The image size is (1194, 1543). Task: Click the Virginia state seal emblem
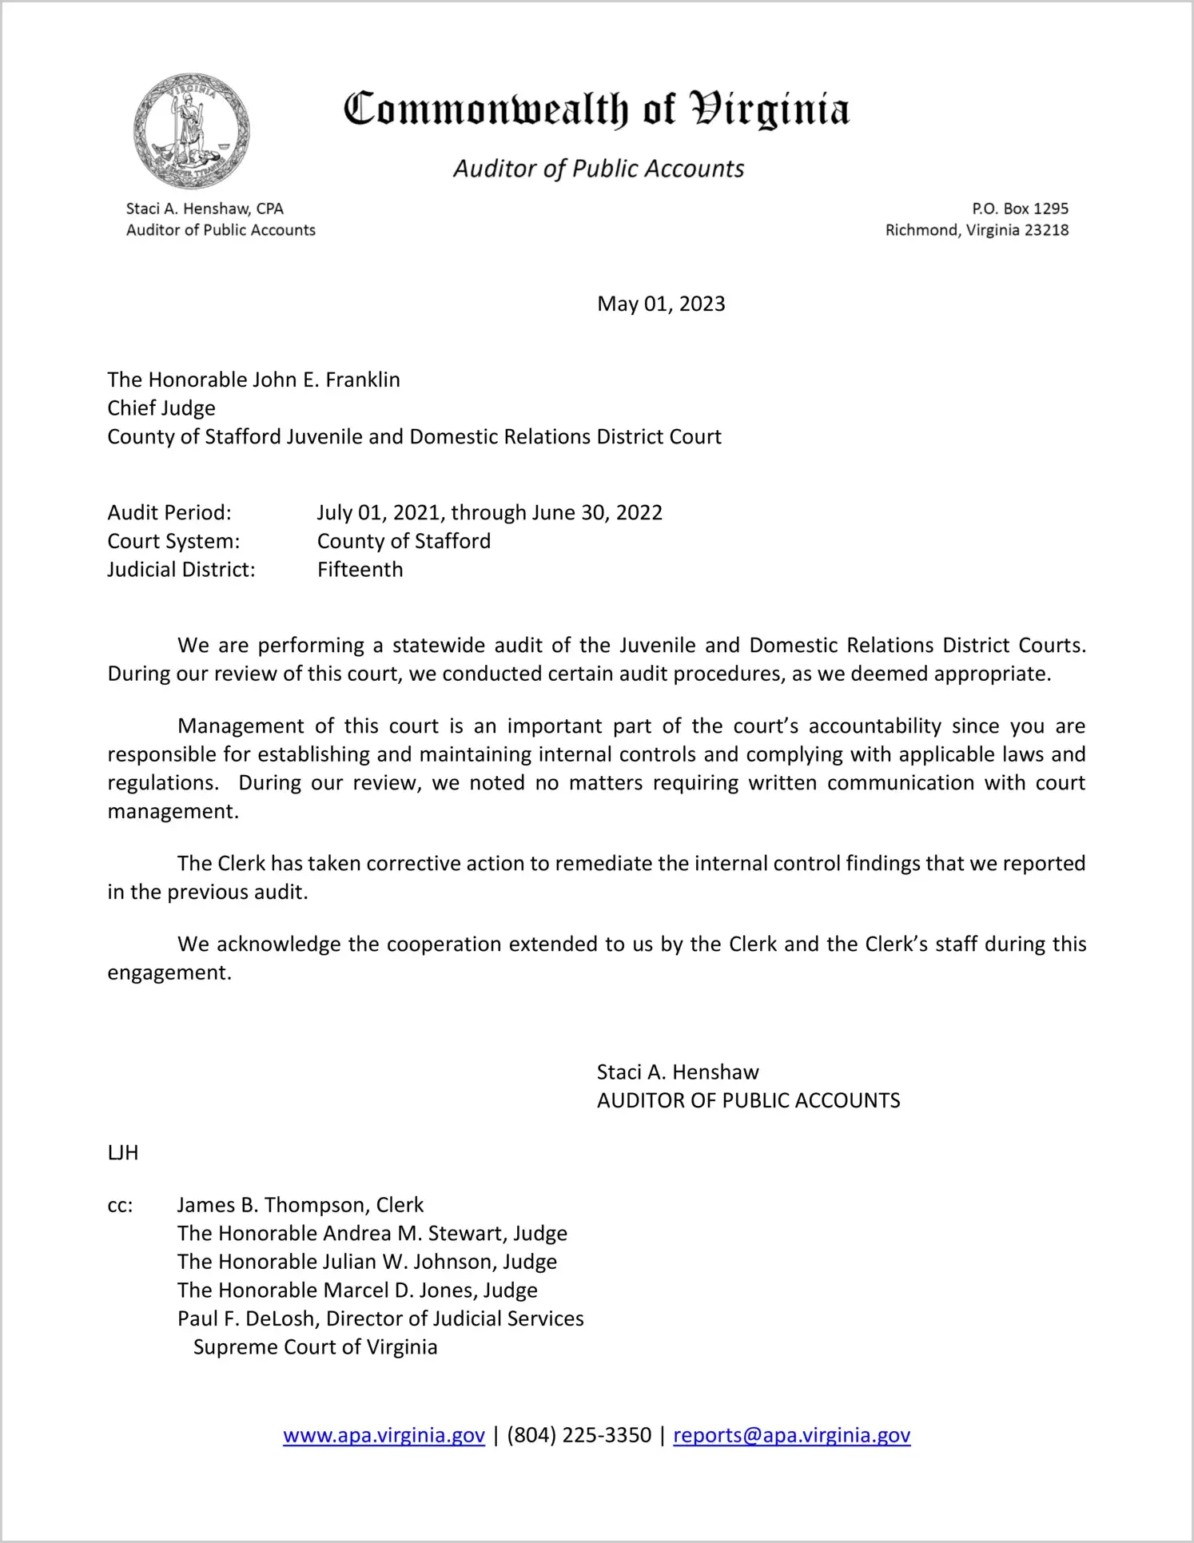click(191, 131)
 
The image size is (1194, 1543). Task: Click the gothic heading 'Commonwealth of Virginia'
click(596, 109)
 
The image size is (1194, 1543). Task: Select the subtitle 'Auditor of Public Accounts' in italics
click(599, 169)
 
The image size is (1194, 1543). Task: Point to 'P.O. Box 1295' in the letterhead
click(1020, 209)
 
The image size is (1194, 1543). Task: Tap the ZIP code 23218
click(1046, 230)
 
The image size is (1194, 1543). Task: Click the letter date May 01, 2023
click(661, 304)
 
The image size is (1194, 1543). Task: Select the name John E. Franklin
click(326, 380)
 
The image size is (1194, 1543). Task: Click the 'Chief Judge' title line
click(161, 408)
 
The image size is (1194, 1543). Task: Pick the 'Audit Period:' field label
click(169, 512)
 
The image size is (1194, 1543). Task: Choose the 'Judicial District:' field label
click(181, 570)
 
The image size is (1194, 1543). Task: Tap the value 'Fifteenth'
click(360, 570)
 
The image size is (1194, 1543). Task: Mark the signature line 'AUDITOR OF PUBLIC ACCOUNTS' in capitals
click(748, 1100)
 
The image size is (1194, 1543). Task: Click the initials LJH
click(123, 1152)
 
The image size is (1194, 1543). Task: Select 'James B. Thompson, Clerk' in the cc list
click(300, 1205)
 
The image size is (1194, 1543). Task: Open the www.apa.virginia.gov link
click(384, 1435)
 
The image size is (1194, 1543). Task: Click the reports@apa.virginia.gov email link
click(791, 1435)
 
